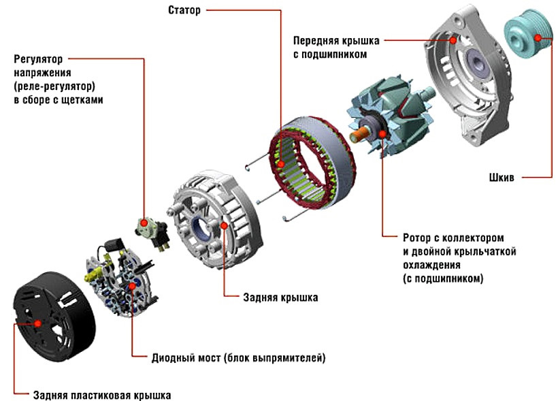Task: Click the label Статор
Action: pyautogui.click(x=184, y=10)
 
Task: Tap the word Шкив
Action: pyautogui.click(x=502, y=177)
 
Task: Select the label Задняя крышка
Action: pyautogui.click(x=280, y=298)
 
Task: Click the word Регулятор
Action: pyautogui.click(x=38, y=59)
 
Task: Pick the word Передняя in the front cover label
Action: pyautogui.click(x=316, y=41)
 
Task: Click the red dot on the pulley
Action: pyautogui.click(x=538, y=37)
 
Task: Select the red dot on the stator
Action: pyautogui.click(x=281, y=164)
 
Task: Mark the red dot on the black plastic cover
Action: pyautogui.click(x=37, y=323)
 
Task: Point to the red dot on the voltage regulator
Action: pyautogui.click(x=144, y=223)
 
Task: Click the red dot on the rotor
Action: pyautogui.click(x=382, y=134)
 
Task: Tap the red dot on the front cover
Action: pyautogui.click(x=453, y=40)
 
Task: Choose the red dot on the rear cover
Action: pyautogui.click(x=224, y=225)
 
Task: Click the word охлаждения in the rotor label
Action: pyautogui.click(x=431, y=265)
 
